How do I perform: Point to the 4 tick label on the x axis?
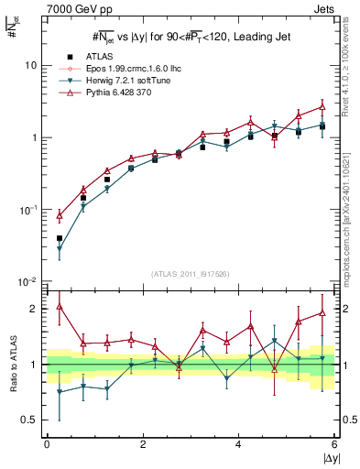point(238,444)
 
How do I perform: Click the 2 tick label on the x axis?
point(142,444)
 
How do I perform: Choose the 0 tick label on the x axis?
point(47,444)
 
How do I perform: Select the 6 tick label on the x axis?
point(333,444)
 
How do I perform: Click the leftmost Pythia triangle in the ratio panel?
point(59,306)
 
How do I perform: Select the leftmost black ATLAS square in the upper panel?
point(59,238)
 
